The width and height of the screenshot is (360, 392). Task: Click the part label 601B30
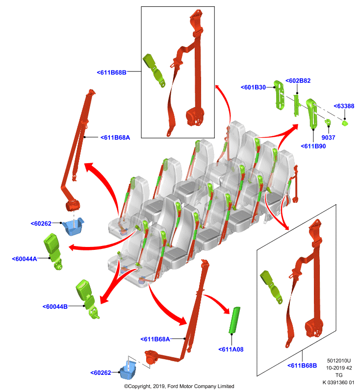tap(253, 87)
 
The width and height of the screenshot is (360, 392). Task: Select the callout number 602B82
tap(298, 81)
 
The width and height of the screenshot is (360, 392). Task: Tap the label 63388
tap(344, 106)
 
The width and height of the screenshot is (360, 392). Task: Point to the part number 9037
tap(328, 138)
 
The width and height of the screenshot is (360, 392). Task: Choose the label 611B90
tap(313, 146)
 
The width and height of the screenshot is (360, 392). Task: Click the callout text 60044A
tap(25, 259)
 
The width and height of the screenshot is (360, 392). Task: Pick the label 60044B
tap(55, 307)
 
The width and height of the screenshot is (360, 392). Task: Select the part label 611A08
tap(231, 349)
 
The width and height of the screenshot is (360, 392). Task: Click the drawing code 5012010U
tap(339, 361)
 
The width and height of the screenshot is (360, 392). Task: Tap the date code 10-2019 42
tap(339, 368)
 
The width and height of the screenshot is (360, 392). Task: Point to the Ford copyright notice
tap(179, 386)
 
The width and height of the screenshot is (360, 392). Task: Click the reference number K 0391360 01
tap(338, 383)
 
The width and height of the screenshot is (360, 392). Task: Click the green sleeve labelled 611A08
tap(234, 320)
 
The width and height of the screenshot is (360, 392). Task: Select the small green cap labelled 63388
tap(345, 123)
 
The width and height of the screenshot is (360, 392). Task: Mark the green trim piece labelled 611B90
tap(312, 113)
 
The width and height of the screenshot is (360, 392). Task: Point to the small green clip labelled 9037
tap(328, 122)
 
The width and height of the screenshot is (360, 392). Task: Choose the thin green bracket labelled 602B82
tap(297, 105)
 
